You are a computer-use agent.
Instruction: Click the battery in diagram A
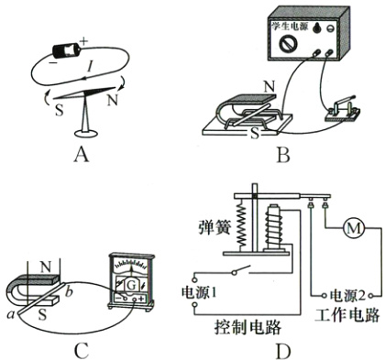[x=67, y=49]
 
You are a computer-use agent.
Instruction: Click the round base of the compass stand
[x=85, y=133]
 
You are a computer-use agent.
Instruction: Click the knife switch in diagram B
[x=343, y=109]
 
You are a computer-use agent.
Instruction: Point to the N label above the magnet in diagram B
[x=269, y=87]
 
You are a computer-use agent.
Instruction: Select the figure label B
[x=283, y=155]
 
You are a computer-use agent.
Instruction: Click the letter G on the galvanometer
[x=131, y=285]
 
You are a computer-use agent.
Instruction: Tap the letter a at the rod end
[x=11, y=314]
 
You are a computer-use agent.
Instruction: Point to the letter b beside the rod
[x=70, y=291]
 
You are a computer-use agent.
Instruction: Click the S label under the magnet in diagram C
[x=42, y=314]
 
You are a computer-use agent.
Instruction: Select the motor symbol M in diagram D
[x=354, y=228]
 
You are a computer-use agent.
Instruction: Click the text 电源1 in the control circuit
[x=199, y=292]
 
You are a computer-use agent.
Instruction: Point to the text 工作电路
[x=347, y=315]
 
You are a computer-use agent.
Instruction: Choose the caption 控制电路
[x=247, y=328]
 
